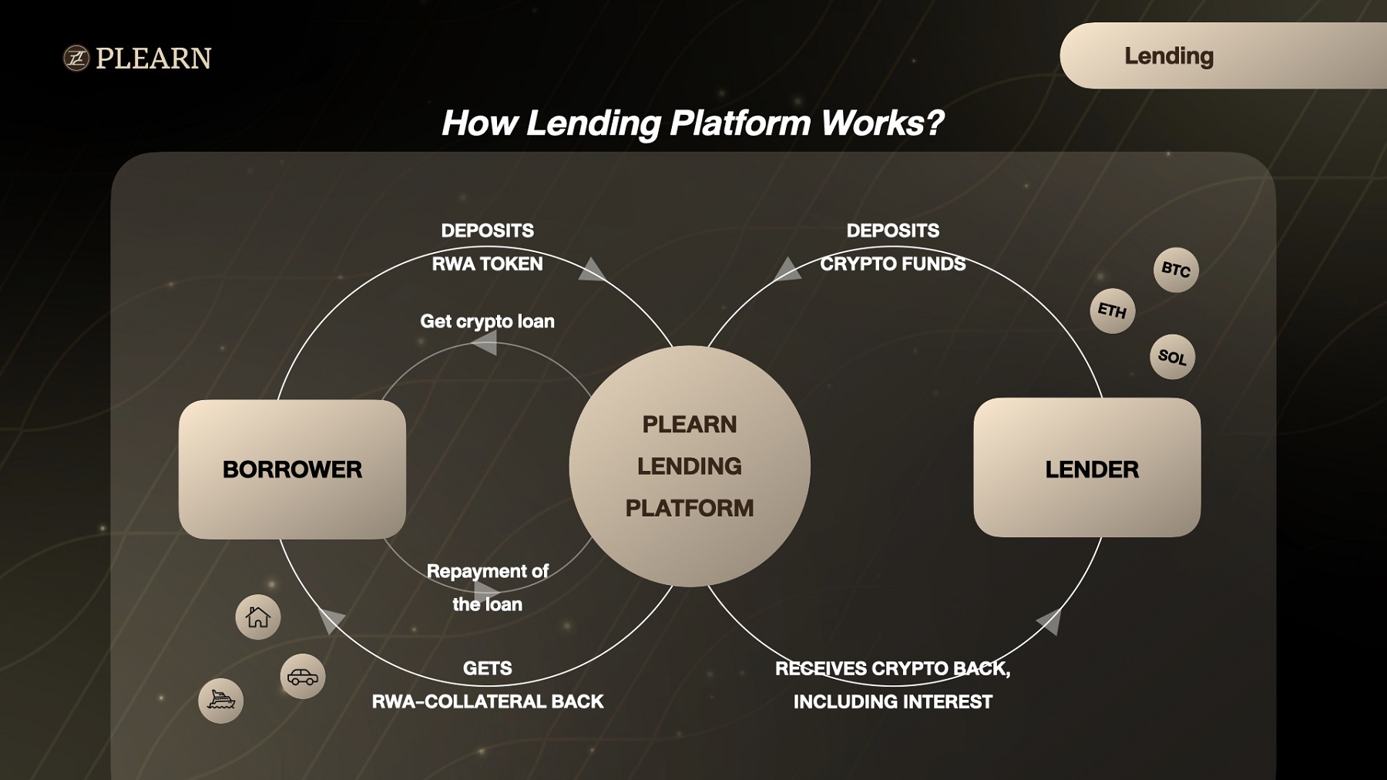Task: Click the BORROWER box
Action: tap(292, 469)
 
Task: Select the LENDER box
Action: tap(1087, 467)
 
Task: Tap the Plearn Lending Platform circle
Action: tap(690, 466)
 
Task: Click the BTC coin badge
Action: tap(1176, 270)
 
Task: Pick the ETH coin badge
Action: tap(1112, 311)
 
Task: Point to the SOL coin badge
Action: tap(1172, 357)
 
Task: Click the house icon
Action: tap(258, 617)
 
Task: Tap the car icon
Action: tap(303, 677)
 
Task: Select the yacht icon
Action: tap(221, 701)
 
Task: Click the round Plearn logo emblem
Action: tap(76, 59)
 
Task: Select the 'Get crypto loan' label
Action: tap(487, 321)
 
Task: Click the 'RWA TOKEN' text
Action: tap(487, 264)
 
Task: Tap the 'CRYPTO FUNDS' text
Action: tap(892, 264)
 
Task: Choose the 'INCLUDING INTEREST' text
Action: tap(893, 701)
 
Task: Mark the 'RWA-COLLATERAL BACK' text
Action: tap(488, 701)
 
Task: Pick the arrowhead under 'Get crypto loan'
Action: tap(485, 342)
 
